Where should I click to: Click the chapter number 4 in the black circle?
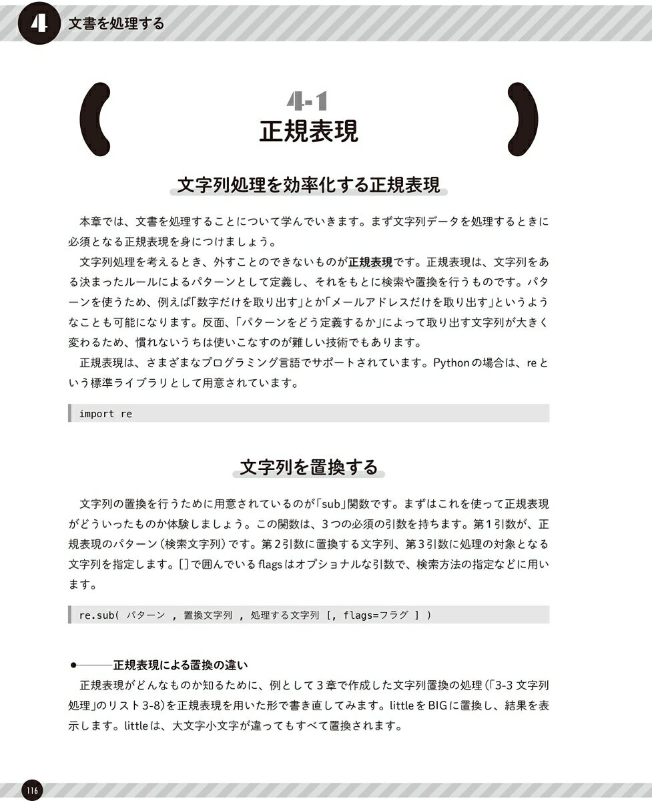(x=39, y=23)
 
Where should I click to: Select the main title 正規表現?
(x=308, y=131)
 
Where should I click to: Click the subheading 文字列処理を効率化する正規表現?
(x=308, y=186)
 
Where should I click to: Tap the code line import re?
(x=105, y=414)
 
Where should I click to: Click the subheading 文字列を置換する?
(x=308, y=467)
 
